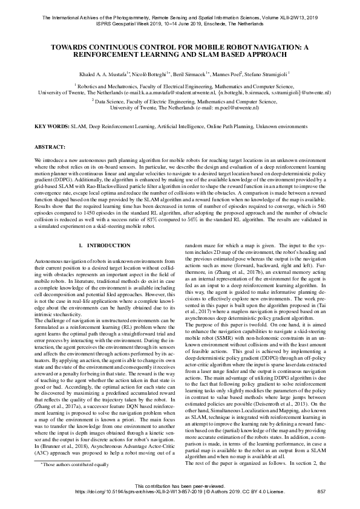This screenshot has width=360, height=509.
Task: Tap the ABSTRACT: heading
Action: (x=50, y=147)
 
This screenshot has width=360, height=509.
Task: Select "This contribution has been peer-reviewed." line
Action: (x=180, y=486)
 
